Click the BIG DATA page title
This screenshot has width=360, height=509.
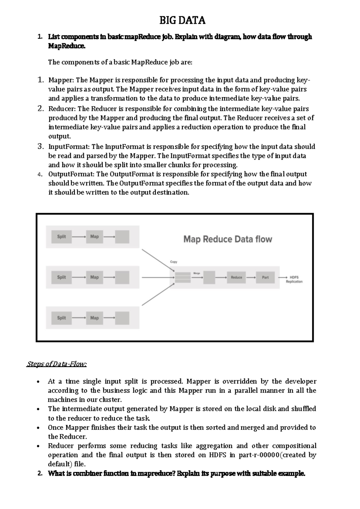tap(182, 20)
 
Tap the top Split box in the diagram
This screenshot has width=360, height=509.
tap(61, 236)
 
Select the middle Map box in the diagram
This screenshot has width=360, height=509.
tap(94, 277)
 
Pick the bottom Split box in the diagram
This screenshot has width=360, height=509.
tap(61, 318)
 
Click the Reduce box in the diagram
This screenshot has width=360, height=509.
tap(236, 277)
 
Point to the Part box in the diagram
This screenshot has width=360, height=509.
tap(265, 277)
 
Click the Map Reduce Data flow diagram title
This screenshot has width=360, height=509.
tap(228, 239)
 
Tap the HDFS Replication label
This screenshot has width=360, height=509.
tap(294, 279)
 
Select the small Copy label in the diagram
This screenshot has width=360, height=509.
tap(174, 262)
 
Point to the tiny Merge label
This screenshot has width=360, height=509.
tap(197, 273)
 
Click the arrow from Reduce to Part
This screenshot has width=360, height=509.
tap(251, 277)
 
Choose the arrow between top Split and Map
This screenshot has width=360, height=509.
tap(79, 236)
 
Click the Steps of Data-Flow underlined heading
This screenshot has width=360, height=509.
tap(57, 364)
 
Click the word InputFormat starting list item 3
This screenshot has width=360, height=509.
tap(69, 147)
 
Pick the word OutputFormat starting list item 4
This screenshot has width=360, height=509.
tap(71, 174)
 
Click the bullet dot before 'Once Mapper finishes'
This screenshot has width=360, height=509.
tap(38, 428)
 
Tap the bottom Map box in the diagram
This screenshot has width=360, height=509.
tap(94, 318)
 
